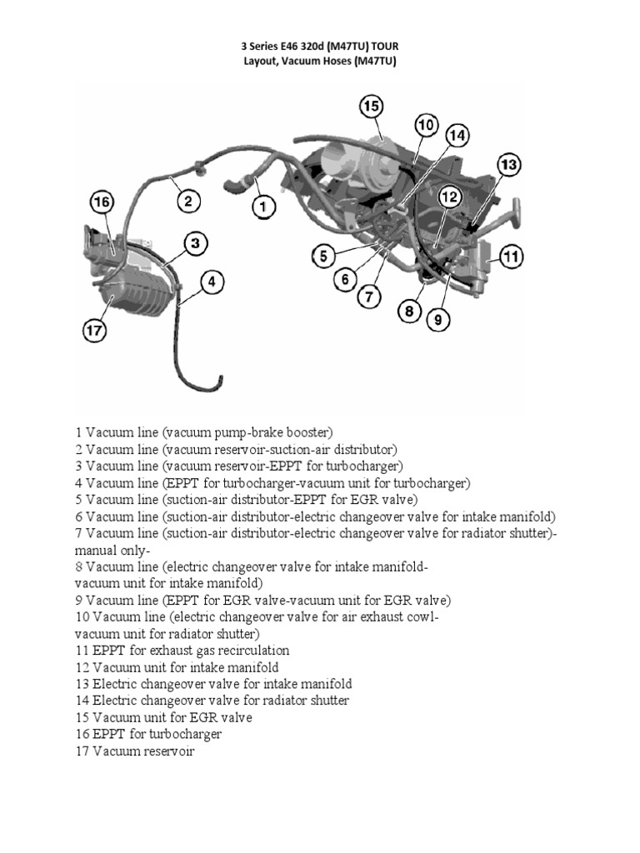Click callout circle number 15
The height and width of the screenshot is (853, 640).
point(372,107)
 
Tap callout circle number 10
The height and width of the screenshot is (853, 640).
point(426,126)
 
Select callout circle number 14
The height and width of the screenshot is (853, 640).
point(457,136)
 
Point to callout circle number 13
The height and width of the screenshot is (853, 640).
point(509,165)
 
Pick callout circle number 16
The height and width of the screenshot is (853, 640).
point(102,202)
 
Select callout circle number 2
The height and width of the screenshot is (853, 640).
point(188,200)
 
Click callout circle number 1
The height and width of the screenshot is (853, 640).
point(262,206)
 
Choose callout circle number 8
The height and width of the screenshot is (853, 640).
point(409,312)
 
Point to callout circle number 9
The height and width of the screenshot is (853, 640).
point(436,317)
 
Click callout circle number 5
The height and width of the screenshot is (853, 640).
point(325,255)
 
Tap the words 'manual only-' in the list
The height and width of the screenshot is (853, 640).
point(112,551)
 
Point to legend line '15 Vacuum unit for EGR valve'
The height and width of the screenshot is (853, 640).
point(163,717)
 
